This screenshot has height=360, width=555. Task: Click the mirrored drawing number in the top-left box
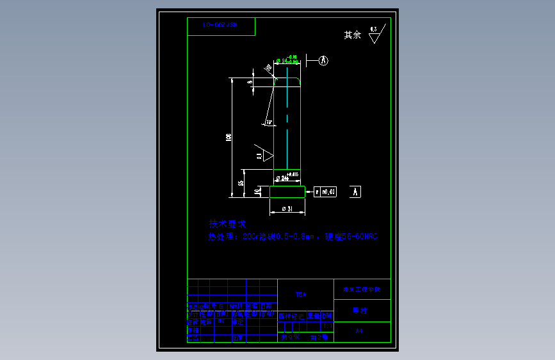[220, 25]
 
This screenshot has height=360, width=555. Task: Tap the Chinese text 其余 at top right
[353, 35]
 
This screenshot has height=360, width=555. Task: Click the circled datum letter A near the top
[324, 61]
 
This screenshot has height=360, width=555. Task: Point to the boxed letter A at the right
[357, 192]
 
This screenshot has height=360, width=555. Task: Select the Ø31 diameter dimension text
[287, 209]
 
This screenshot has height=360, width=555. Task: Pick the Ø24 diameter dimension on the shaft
[282, 178]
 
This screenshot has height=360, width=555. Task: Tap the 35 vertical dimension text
[241, 183]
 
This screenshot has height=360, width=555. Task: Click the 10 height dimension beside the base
[257, 192]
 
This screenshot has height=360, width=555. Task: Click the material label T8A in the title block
[301, 295]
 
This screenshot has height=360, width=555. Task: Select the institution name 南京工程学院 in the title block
[362, 290]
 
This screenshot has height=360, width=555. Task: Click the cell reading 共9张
[290, 336]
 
